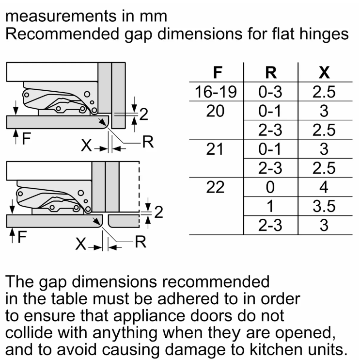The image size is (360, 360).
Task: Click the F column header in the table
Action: point(217,73)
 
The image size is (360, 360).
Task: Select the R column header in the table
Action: point(270,73)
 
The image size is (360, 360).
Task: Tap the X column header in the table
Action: point(324,73)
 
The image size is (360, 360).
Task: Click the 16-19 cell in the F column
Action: point(216,92)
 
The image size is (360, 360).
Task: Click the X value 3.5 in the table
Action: point(324,206)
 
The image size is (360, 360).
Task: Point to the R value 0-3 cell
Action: point(270,92)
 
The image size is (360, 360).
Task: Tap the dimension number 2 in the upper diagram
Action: point(143,115)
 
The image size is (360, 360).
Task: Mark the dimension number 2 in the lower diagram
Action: point(158,213)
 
